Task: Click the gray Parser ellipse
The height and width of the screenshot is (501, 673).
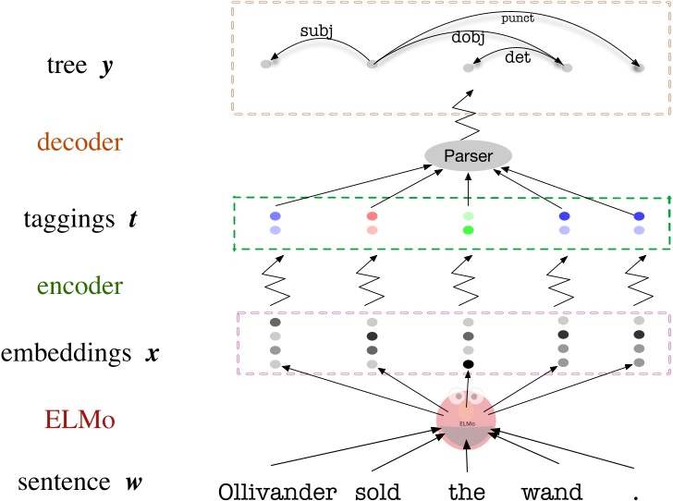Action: pyautogui.click(x=468, y=155)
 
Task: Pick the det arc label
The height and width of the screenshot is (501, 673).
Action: pyautogui.click(x=518, y=57)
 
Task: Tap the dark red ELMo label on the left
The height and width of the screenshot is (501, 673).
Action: pyautogui.click(x=80, y=421)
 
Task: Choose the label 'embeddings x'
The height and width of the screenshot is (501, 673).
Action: pyautogui.click(x=80, y=354)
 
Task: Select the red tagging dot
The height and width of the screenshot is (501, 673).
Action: pyautogui.click(x=372, y=215)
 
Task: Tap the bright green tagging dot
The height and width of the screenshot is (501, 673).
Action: pyautogui.click(x=468, y=229)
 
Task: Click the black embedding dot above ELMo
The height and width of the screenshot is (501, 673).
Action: pyautogui.click(x=468, y=364)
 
